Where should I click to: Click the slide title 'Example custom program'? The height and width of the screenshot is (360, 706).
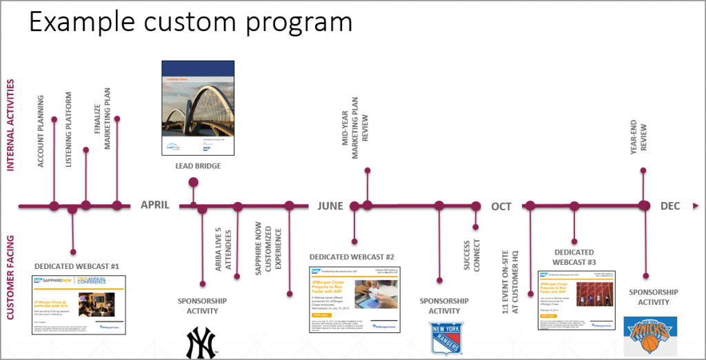[x=190, y=23]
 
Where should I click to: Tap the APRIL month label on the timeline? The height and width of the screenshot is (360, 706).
[x=155, y=205]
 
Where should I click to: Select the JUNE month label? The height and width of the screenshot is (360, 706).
[x=330, y=206]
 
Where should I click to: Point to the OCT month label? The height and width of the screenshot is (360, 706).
[x=501, y=206]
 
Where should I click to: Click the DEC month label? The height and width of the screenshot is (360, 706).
[x=670, y=206]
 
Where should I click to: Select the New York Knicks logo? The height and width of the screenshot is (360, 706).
[x=650, y=335]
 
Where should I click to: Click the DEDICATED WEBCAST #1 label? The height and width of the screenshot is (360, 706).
[x=77, y=266]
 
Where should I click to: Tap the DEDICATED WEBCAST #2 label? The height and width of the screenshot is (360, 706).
[x=352, y=257]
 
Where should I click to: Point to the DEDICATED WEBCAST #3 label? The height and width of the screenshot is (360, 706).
[x=574, y=257]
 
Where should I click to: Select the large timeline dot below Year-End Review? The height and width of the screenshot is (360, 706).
[x=644, y=206]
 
